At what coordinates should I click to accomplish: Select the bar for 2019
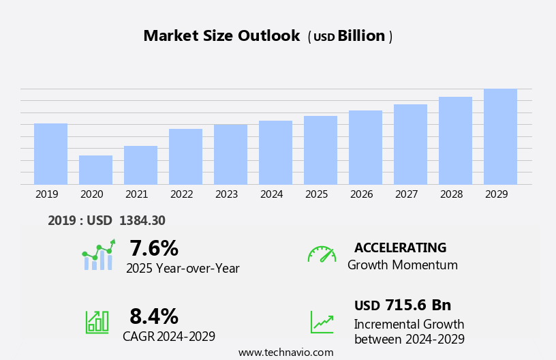click(x=50, y=153)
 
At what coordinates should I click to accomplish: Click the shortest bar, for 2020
click(x=95, y=170)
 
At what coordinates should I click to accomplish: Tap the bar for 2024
click(x=275, y=152)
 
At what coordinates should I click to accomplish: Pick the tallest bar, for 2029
click(x=500, y=136)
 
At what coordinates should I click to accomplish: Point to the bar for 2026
click(x=365, y=147)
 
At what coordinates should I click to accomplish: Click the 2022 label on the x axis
click(x=182, y=194)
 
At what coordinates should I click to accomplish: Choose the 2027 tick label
click(x=407, y=194)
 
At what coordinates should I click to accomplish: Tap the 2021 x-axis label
click(x=137, y=194)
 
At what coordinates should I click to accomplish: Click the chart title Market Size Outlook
click(x=221, y=36)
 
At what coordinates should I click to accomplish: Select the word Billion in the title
click(x=361, y=36)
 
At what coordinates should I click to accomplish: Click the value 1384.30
click(x=142, y=221)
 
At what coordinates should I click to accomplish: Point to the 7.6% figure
click(x=154, y=248)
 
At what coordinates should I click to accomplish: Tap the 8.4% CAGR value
click(x=154, y=316)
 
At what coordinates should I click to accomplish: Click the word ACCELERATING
click(x=400, y=248)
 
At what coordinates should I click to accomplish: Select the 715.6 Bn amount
click(x=418, y=305)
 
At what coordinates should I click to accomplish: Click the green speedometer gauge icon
click(x=322, y=254)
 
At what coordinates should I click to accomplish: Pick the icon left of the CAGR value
click(x=97, y=321)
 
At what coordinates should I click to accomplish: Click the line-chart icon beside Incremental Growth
click(x=322, y=322)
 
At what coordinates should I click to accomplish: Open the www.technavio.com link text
click(x=285, y=352)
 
